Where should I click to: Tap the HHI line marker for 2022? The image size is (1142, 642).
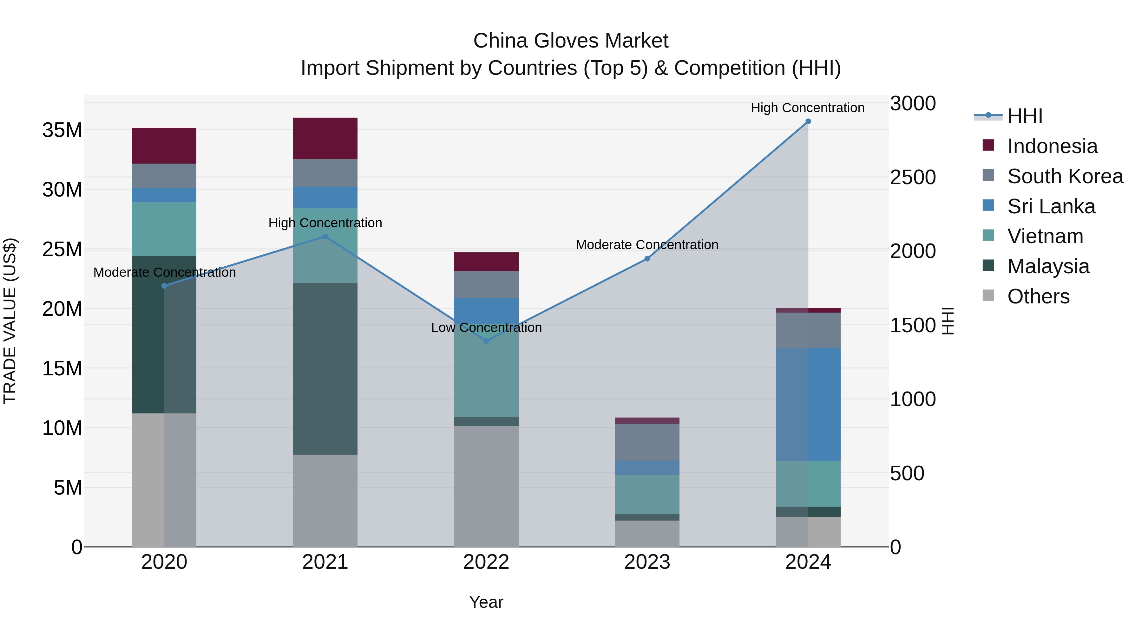coord(486,341)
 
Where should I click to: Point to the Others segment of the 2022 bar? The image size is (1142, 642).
coord(486,486)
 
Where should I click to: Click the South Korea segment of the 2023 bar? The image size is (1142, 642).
coord(647,442)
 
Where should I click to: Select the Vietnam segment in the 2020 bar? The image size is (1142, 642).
coord(164,229)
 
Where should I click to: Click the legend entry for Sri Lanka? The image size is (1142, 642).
coord(1050,206)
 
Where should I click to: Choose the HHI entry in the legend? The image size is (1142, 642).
coord(1024,116)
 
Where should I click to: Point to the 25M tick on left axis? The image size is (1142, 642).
coord(62,250)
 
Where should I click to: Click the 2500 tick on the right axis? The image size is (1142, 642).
coord(912,177)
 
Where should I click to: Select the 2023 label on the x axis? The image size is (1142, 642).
coord(647,562)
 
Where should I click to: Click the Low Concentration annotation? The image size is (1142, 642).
coord(486,328)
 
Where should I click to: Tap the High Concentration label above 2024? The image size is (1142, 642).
coord(807,108)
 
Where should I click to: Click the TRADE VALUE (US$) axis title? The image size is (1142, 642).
coord(10,321)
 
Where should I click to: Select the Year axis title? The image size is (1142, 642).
coord(486,602)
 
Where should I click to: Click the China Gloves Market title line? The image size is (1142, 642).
coord(571,41)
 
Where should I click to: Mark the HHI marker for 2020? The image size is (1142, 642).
coord(164,286)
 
